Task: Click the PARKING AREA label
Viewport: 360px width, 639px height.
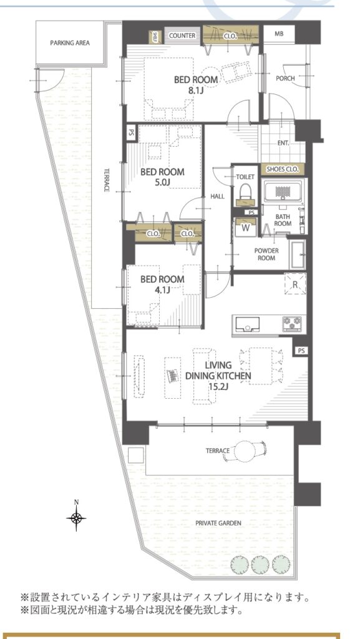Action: (70, 42)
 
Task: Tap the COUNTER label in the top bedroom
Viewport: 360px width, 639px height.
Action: (182, 36)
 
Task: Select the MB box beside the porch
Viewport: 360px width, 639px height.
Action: (279, 34)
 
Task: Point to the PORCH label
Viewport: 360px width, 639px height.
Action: (285, 78)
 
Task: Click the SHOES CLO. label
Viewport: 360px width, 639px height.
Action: (283, 168)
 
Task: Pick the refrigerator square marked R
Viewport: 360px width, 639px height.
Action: (295, 285)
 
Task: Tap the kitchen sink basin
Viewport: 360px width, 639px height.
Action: (246, 324)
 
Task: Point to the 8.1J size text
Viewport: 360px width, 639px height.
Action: (196, 90)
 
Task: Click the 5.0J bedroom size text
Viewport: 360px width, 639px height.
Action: (162, 182)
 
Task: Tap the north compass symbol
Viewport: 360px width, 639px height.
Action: (76, 517)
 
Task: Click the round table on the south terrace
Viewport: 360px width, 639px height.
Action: (246, 451)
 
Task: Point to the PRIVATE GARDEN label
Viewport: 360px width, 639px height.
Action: (218, 523)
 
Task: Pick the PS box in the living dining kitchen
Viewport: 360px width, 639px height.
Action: (301, 350)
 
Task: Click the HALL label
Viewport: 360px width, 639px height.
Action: (218, 197)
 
